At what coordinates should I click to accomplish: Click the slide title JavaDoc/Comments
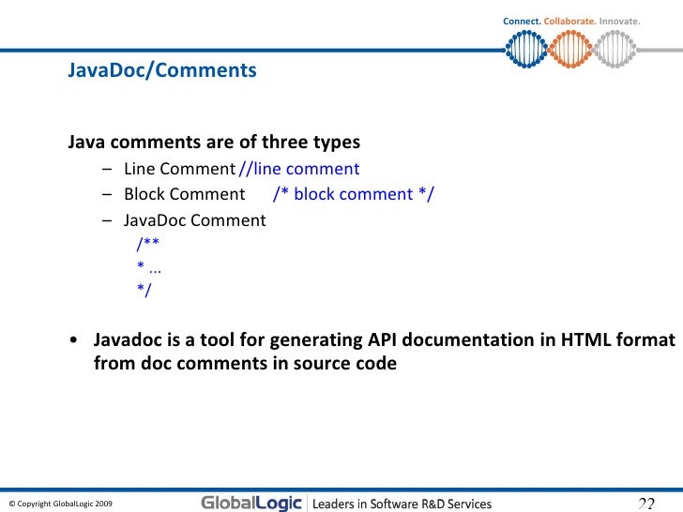click(x=161, y=70)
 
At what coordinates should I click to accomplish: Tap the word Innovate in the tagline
click(x=618, y=21)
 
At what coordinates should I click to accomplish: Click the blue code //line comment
click(x=299, y=169)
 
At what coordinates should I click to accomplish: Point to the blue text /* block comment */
click(x=354, y=194)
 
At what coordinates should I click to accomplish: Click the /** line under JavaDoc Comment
click(x=147, y=244)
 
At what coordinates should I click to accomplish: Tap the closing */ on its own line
click(x=144, y=290)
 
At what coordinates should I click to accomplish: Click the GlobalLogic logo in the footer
click(x=250, y=503)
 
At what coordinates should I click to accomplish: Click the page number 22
click(x=645, y=504)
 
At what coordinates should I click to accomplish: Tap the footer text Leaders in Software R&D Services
click(x=402, y=504)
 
